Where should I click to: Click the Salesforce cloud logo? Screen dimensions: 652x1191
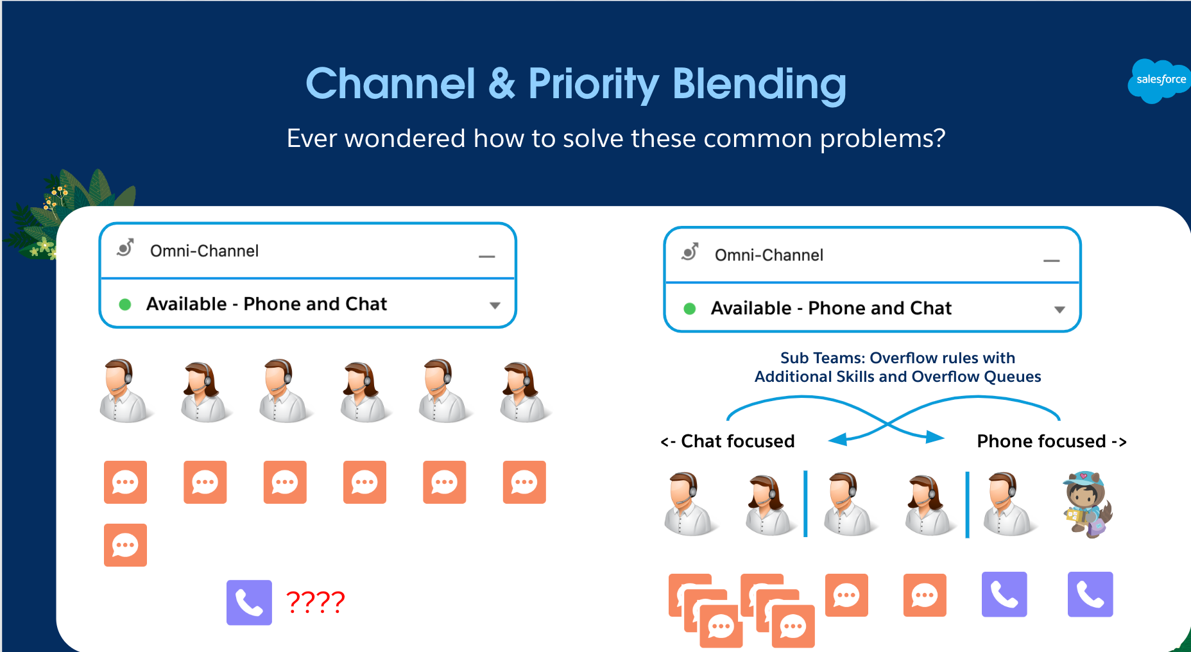pyautogui.click(x=1159, y=80)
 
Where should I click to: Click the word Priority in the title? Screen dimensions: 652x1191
pyautogui.click(x=593, y=84)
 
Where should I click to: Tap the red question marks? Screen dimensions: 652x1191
pyautogui.click(x=315, y=602)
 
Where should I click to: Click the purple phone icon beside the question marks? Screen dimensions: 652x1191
pyautogui.click(x=249, y=602)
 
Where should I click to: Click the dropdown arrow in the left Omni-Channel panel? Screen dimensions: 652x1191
pyautogui.click(x=495, y=305)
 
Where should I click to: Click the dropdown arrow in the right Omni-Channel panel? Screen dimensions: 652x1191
pyautogui.click(x=1059, y=309)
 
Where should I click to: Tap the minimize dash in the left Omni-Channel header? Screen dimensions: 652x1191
pyautogui.click(x=487, y=257)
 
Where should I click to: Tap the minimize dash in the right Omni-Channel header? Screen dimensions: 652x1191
pyautogui.click(x=1051, y=261)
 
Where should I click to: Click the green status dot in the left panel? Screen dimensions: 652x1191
pyautogui.click(x=125, y=305)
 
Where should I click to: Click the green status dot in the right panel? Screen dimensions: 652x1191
pyautogui.click(x=690, y=309)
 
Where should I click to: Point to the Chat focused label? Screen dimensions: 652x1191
pyautogui.click(x=728, y=442)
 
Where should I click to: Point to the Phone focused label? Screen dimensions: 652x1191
pyautogui.click(x=1051, y=442)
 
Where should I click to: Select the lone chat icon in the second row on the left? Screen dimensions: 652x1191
pyautogui.click(x=125, y=545)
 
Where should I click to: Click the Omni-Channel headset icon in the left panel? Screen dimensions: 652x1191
pyautogui.click(x=126, y=248)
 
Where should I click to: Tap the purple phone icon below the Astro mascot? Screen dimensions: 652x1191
pyautogui.click(x=1090, y=594)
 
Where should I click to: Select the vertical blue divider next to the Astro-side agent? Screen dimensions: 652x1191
pyautogui.click(x=967, y=504)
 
